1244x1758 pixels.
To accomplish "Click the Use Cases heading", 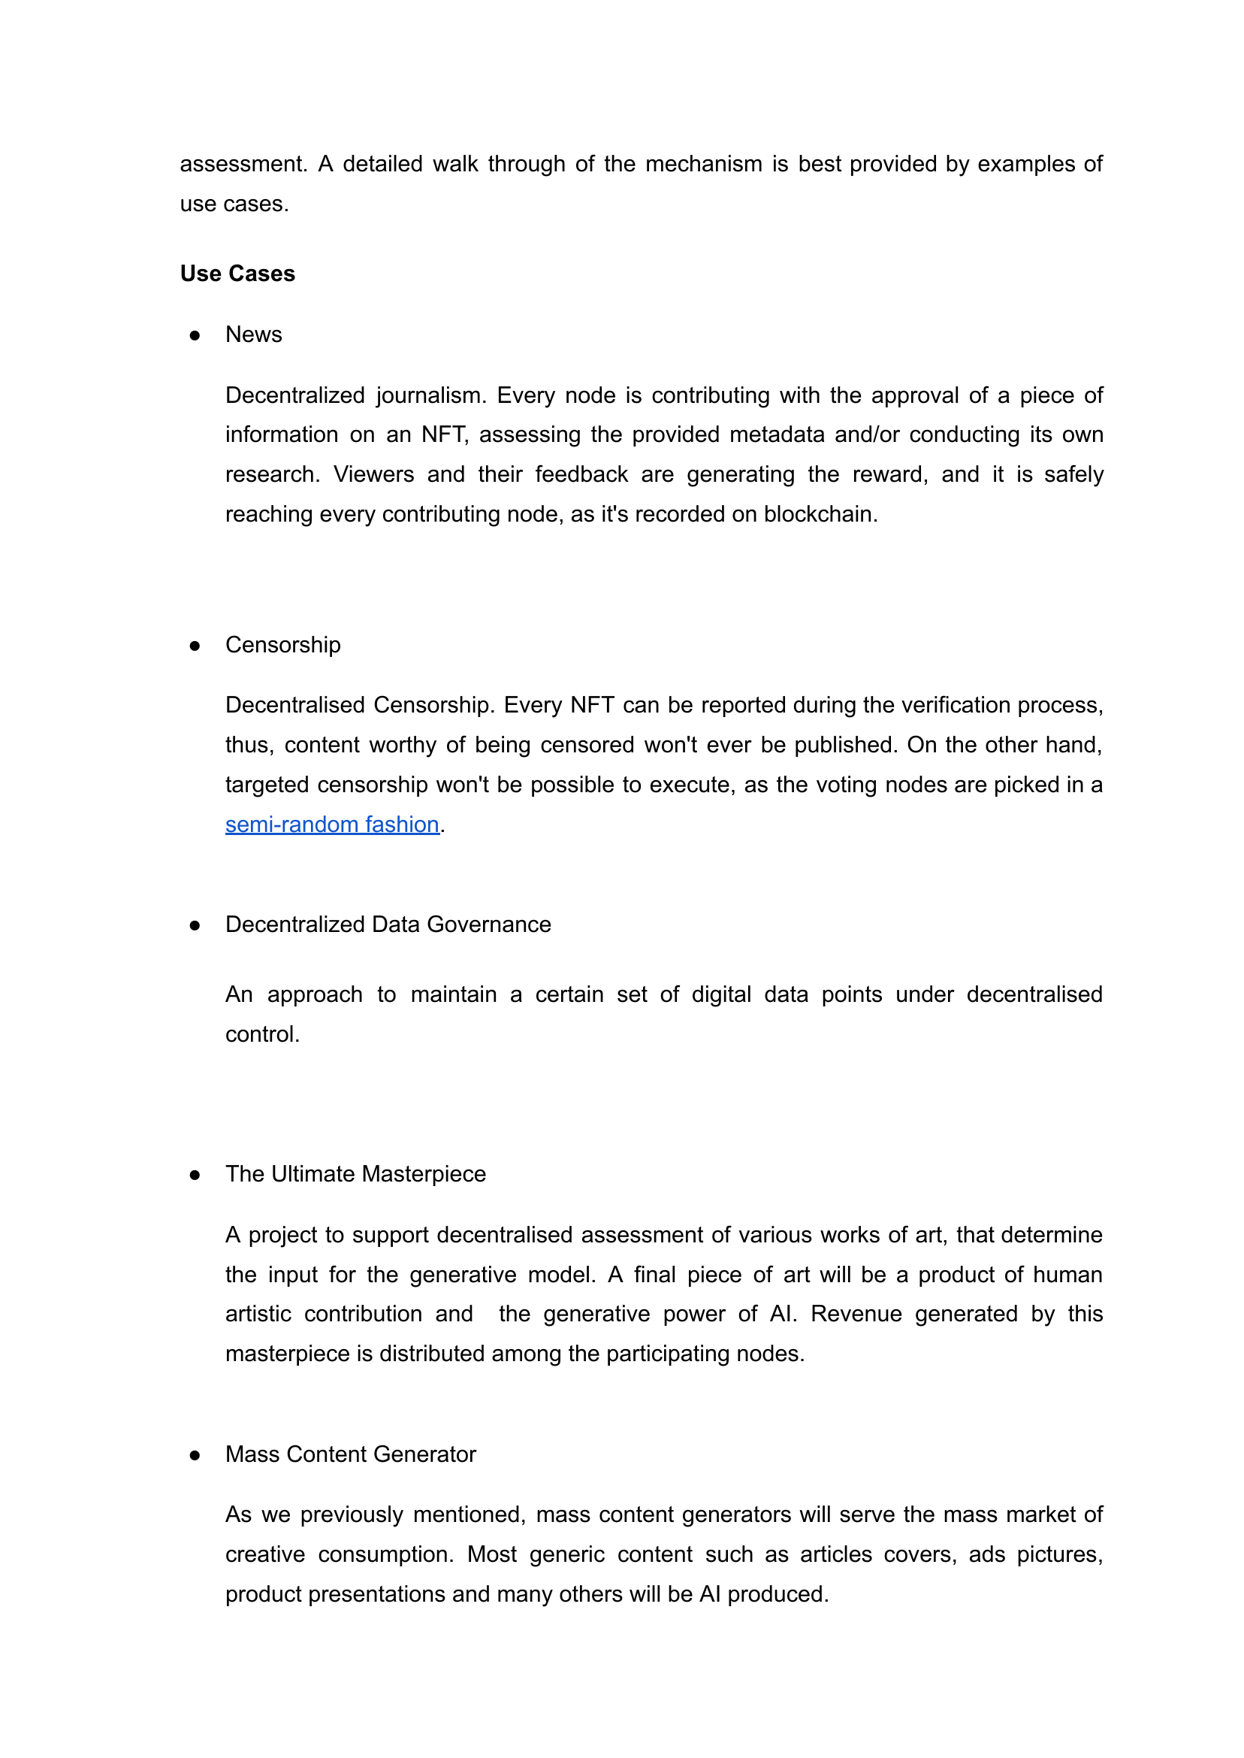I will tap(237, 274).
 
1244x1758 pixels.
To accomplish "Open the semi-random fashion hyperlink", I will tap(332, 825).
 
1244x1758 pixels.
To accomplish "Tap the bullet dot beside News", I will tap(195, 336).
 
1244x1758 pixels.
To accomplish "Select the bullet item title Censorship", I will tap(282, 646).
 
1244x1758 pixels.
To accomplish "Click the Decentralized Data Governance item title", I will tap(388, 925).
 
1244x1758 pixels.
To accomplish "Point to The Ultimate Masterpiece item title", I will tap(355, 1175).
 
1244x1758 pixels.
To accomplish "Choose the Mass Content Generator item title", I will tap(350, 1454).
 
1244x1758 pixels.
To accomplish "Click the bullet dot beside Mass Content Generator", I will tap(195, 1455).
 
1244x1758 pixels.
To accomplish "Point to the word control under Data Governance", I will tap(261, 1034).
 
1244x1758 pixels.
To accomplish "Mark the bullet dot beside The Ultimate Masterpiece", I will tap(195, 1176).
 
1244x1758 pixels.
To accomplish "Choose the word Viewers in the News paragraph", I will tap(374, 474).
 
